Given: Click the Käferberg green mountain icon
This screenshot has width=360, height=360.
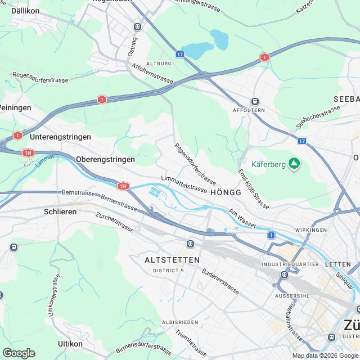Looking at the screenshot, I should click(293, 164).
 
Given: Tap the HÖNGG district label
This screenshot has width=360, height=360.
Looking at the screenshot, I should click(226, 192).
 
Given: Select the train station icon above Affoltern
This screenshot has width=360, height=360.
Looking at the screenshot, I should click(255, 101).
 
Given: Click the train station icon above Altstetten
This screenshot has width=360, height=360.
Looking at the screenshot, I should click(191, 244).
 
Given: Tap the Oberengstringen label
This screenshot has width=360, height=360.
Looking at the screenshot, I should click(105, 159).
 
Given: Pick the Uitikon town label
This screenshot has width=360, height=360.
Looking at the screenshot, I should click(70, 343).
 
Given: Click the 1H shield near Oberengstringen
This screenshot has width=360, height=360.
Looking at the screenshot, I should click(123, 186).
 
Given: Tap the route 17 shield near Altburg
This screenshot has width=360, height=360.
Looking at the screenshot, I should click(179, 54).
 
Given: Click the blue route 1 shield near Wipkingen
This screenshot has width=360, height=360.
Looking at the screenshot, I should click(272, 235).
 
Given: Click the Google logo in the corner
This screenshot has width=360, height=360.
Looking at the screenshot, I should click(19, 353).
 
